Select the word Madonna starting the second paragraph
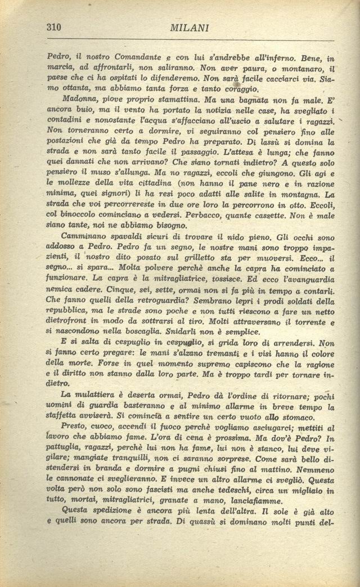coord(78,98)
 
